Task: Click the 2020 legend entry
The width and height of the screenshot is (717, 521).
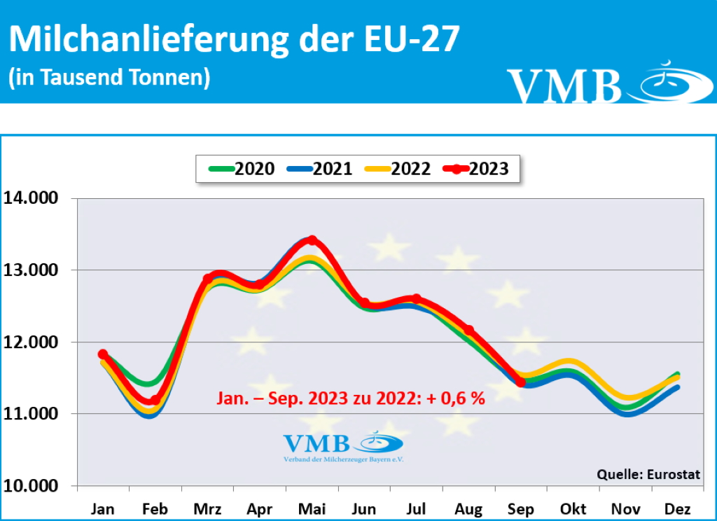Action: click(241, 169)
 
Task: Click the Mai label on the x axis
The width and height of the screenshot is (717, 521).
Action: click(312, 508)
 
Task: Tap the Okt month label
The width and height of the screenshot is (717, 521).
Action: click(572, 508)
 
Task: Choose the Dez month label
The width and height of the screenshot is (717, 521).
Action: click(676, 508)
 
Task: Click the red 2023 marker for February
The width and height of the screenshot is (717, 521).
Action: click(155, 401)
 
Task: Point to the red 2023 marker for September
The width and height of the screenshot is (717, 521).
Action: click(520, 382)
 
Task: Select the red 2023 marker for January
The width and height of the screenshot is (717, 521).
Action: click(103, 354)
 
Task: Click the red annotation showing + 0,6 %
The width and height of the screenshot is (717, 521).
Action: click(349, 399)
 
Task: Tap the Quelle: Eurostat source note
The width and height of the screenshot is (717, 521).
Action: click(648, 475)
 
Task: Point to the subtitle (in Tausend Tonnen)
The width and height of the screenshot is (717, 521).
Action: click(109, 77)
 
